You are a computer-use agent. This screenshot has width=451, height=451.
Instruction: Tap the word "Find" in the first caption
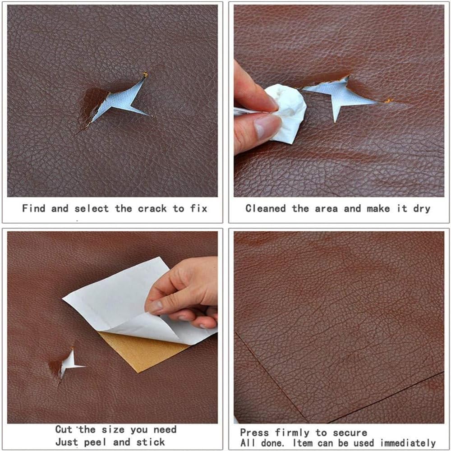pyautogui.click(x=34, y=208)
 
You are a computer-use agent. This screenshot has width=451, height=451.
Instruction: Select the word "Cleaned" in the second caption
pyautogui.click(x=266, y=208)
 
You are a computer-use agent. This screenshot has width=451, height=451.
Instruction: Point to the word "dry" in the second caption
pyautogui.click(x=422, y=209)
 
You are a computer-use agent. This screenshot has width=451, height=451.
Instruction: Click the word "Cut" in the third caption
pyautogui.click(x=64, y=429)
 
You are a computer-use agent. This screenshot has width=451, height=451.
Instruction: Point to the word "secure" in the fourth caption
pyautogui.click(x=350, y=433)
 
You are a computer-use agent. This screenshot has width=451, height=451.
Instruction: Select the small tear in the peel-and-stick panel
pyautogui.click(x=69, y=364)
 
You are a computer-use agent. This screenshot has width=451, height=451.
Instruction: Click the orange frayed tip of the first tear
pyautogui.click(x=145, y=75)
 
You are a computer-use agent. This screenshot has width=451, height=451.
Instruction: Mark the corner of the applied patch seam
pyautogui.click(x=236, y=333)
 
